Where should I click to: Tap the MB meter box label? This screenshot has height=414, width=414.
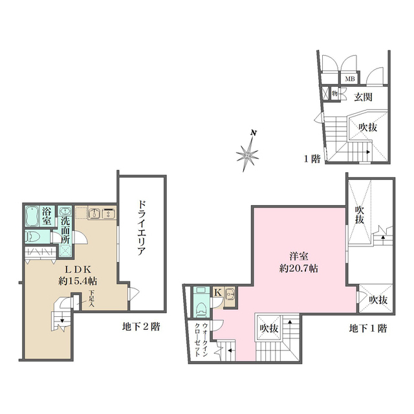tap(350, 79)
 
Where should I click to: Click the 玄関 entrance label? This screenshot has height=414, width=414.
tap(364, 97)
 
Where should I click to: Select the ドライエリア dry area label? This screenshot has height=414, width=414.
tap(142, 228)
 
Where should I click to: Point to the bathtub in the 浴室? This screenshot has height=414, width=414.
tap(32, 216)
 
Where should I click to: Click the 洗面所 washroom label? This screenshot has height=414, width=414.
tap(65, 230)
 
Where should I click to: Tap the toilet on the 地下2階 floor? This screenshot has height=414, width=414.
tap(33, 237)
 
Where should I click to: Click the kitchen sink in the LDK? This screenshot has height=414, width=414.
tap(94, 213)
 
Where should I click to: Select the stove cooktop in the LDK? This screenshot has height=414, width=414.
tap(108, 213)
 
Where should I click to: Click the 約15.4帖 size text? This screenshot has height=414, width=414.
tap(78, 281)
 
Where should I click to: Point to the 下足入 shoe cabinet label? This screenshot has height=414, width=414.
tap(92, 299)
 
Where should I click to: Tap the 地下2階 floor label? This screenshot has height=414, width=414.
tap(141, 327)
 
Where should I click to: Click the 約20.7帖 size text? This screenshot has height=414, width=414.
tap(299, 268)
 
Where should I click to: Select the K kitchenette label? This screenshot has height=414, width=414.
tap(218, 292)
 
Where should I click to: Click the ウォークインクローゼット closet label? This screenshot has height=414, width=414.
tap(201, 340)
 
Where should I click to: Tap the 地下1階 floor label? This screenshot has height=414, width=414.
tap(368, 329)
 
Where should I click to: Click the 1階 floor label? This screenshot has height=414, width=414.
tap(312, 158)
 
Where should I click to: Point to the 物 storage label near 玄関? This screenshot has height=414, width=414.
tap(335, 93)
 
